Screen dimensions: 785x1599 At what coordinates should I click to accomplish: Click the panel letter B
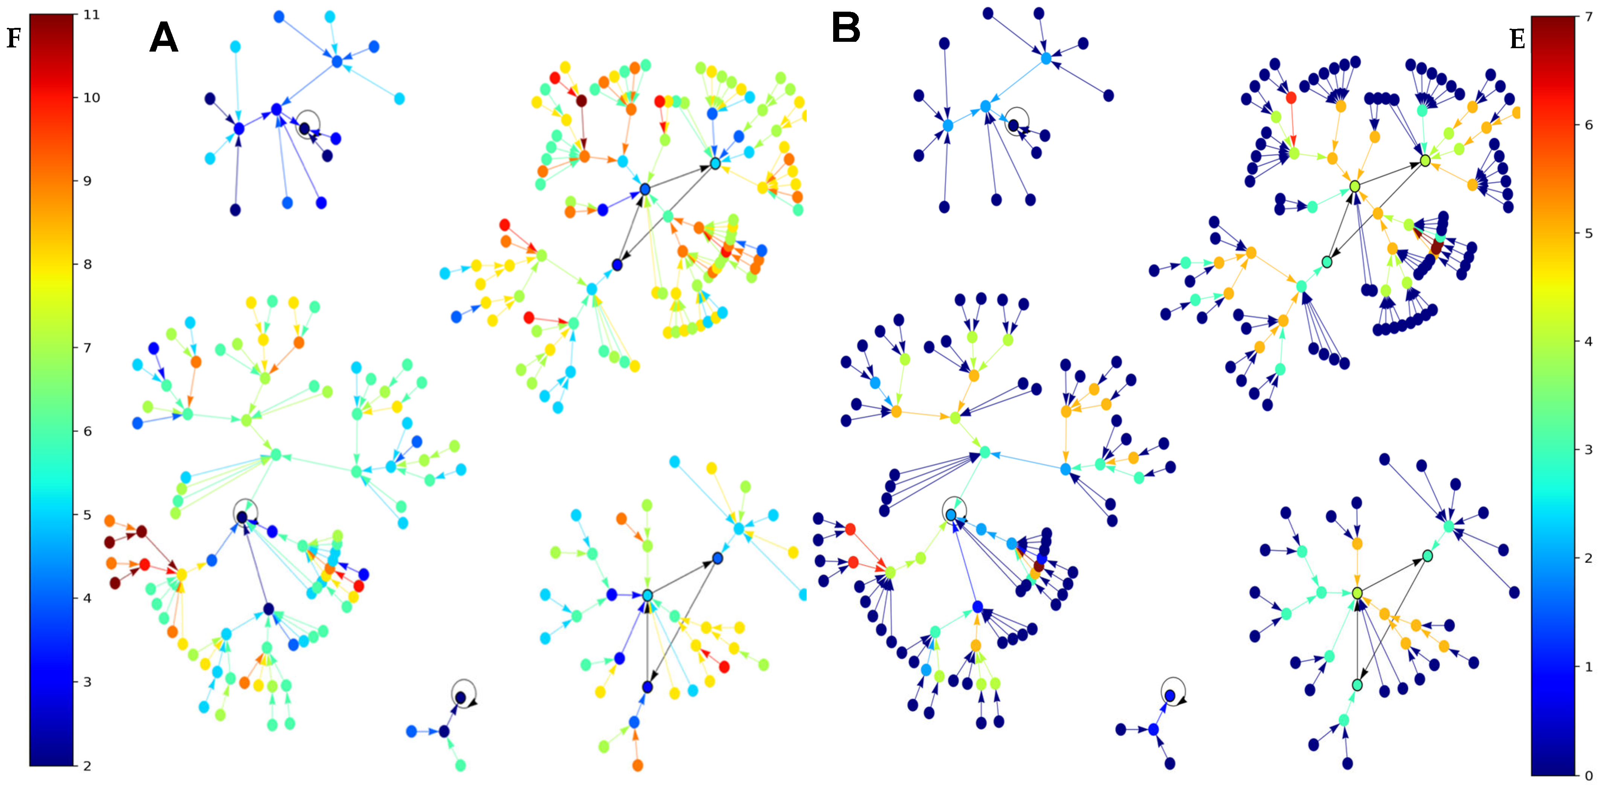846,28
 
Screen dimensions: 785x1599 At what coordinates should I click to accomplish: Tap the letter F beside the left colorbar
14,38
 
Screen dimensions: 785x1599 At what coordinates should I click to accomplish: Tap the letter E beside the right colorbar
1517,40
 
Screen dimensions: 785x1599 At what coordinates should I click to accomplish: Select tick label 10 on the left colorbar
91,98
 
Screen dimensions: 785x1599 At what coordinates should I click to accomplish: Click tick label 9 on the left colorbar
88,181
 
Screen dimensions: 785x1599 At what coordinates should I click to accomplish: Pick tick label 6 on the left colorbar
88,431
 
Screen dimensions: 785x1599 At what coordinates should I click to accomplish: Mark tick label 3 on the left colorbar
88,682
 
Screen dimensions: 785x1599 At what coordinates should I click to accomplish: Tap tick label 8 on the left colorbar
88,264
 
